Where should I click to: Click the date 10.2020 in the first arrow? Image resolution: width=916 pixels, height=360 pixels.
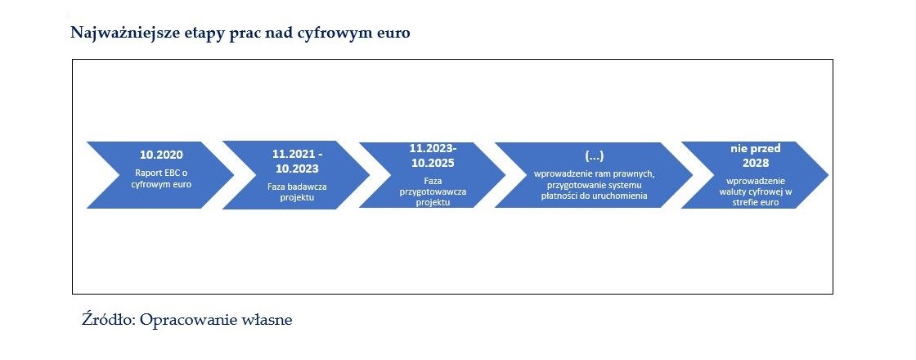click(x=161, y=155)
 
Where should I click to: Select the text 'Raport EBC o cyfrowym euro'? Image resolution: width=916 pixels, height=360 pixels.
click(x=161, y=179)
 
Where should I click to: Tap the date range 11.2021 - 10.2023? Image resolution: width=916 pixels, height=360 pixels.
click(x=298, y=161)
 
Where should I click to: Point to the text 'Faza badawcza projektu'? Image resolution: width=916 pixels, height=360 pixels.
click(x=298, y=192)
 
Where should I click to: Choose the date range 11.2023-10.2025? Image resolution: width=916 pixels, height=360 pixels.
click(x=432, y=155)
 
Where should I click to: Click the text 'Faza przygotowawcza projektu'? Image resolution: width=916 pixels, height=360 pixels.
click(x=433, y=191)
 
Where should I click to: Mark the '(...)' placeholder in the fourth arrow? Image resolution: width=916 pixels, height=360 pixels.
click(x=594, y=156)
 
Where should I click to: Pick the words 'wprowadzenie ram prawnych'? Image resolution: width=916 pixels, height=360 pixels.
click(x=592, y=175)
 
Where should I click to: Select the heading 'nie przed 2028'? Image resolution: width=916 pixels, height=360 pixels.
click(x=756, y=155)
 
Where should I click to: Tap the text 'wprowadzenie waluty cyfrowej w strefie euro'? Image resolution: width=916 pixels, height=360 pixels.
click(x=756, y=191)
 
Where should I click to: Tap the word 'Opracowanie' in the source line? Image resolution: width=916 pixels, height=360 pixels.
click(x=186, y=320)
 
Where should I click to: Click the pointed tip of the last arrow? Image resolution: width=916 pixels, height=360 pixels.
click(x=828, y=175)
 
